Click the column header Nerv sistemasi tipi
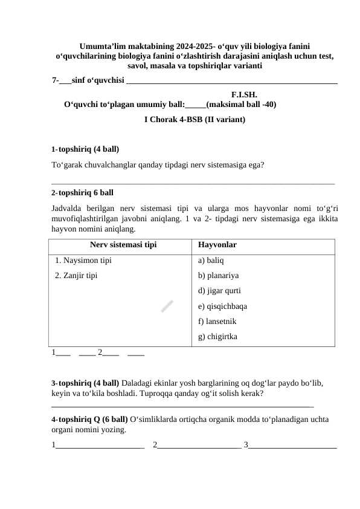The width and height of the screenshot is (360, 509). (x=123, y=245)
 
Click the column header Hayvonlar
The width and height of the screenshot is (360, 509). (x=217, y=245)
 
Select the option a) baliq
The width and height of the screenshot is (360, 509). (x=211, y=262)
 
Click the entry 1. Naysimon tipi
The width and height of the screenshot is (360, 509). (x=83, y=262)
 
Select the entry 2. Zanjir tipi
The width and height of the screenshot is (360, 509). (x=76, y=276)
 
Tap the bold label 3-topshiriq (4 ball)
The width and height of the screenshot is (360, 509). (x=85, y=383)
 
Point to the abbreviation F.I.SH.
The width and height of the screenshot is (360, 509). (x=245, y=94)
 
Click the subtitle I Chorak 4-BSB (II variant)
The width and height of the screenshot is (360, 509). (x=194, y=120)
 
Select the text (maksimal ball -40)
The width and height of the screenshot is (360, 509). (x=242, y=104)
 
